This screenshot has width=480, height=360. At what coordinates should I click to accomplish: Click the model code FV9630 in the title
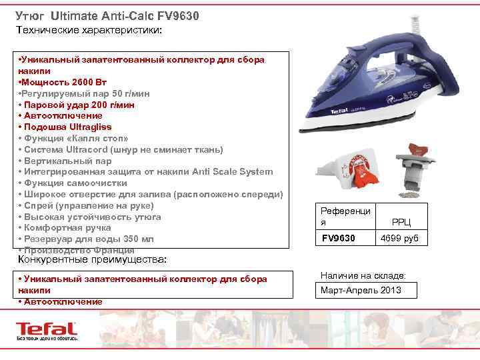(177, 15)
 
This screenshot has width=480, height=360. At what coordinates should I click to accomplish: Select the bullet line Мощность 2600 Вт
(60, 82)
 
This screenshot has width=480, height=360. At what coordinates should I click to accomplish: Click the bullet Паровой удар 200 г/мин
(77, 105)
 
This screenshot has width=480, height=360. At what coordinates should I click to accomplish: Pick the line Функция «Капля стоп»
(74, 138)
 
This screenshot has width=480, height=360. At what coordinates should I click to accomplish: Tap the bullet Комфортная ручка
(67, 227)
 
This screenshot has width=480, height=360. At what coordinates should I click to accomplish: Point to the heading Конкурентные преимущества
(91, 259)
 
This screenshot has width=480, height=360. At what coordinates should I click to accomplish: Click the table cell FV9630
(339, 238)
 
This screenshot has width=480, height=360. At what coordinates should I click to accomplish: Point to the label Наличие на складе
(363, 275)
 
